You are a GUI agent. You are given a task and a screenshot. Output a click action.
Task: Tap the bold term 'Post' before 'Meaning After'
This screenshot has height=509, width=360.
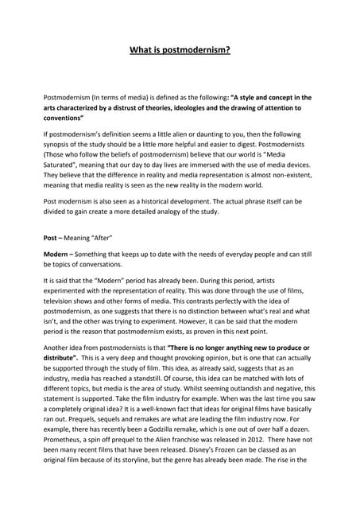(52, 238)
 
